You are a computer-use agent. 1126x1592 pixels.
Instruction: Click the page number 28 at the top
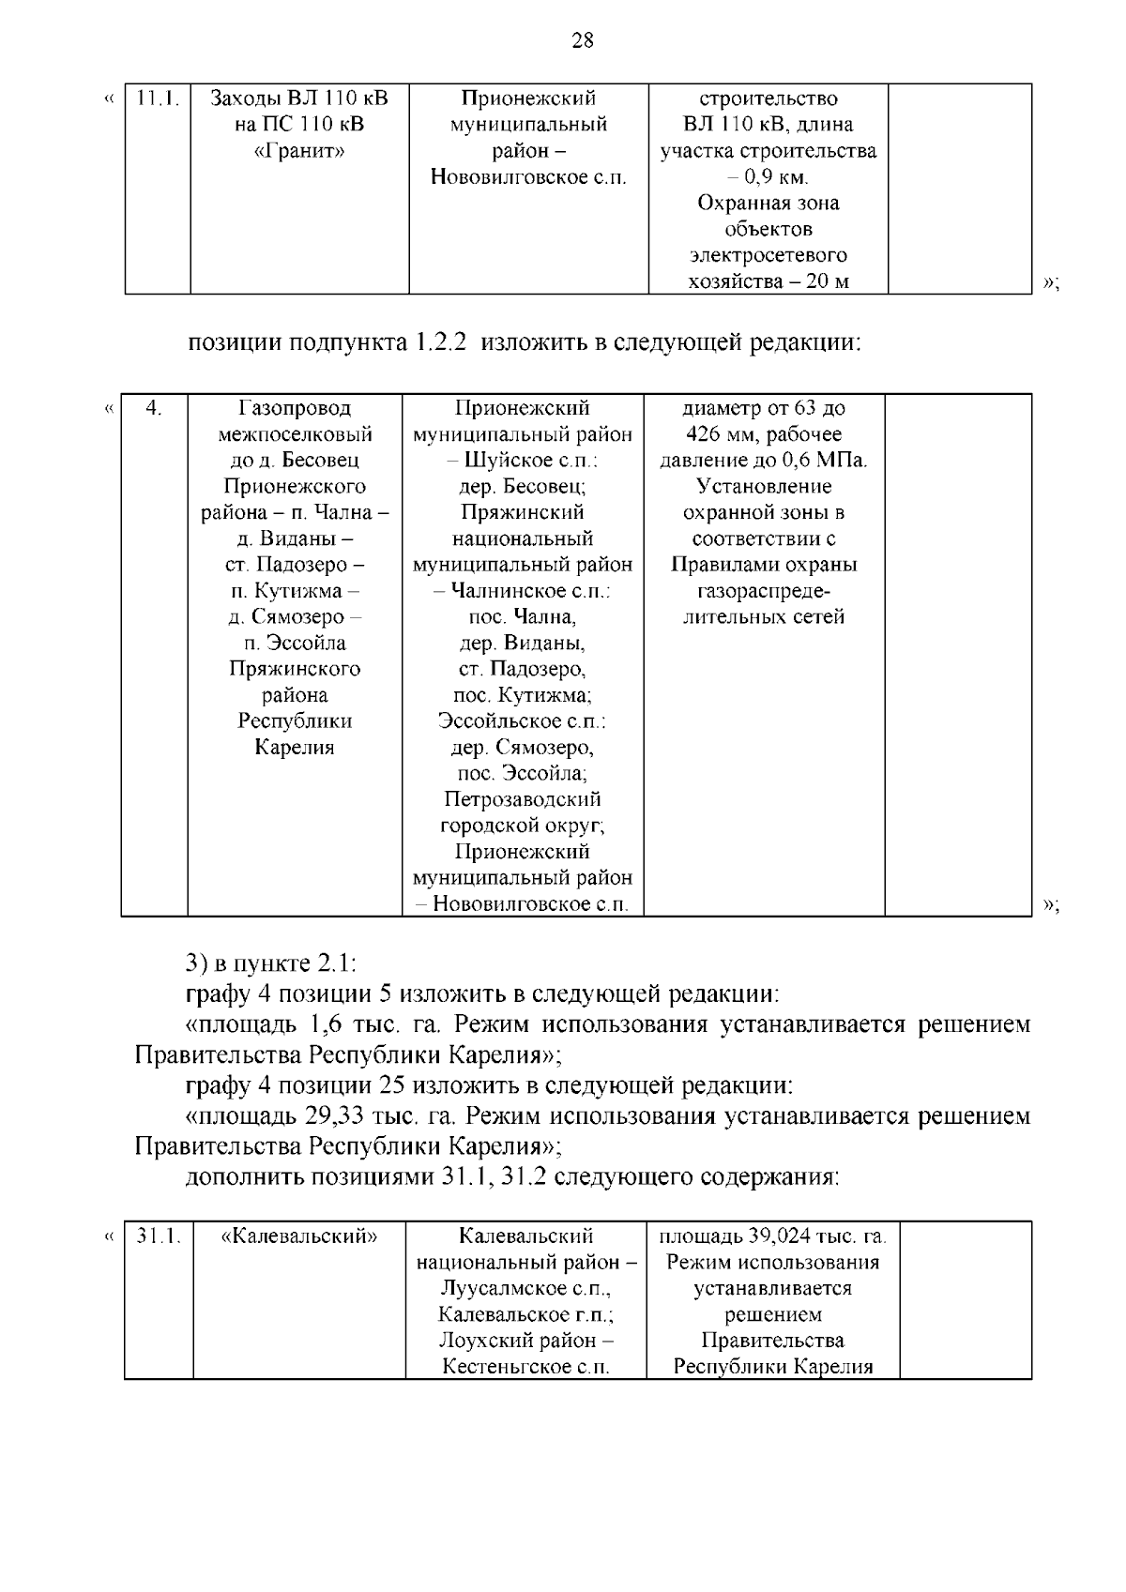click(582, 40)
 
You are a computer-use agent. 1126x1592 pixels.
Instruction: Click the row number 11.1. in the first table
click(158, 99)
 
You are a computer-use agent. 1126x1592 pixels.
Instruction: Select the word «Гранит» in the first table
click(299, 151)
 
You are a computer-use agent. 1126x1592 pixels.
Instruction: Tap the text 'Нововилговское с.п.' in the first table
click(528, 177)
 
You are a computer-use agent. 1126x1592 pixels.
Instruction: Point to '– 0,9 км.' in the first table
click(768, 177)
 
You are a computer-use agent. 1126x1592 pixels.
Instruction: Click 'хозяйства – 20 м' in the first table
click(768, 281)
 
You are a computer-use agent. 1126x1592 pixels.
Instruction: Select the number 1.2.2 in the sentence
click(438, 342)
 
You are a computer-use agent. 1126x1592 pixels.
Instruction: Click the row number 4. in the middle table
click(155, 408)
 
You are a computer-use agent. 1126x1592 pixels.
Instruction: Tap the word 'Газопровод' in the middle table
click(295, 408)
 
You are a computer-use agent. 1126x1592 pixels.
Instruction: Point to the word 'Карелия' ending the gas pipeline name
click(295, 748)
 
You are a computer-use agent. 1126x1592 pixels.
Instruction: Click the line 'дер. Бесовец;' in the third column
click(523, 486)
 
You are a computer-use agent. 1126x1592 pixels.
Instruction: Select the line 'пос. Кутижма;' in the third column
click(523, 695)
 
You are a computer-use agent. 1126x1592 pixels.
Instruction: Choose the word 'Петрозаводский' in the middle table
click(523, 799)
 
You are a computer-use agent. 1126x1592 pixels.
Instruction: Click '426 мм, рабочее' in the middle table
click(764, 434)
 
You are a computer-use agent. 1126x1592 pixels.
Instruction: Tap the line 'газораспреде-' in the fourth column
click(764, 591)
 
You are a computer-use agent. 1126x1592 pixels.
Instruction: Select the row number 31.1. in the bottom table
click(159, 1236)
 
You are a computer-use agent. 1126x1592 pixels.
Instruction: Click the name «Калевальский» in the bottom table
click(299, 1236)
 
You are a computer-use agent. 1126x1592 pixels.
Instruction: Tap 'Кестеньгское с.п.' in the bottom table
click(526, 1366)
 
